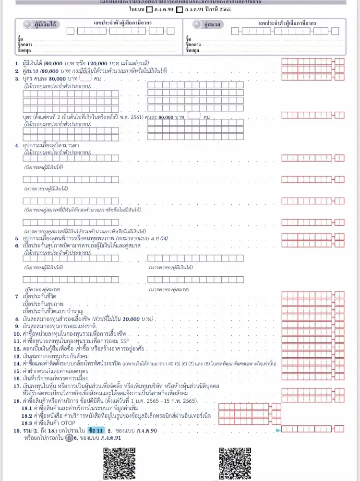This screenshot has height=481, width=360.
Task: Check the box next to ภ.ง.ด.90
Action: point(149,9)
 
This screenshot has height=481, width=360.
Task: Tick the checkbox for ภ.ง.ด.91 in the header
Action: point(180,9)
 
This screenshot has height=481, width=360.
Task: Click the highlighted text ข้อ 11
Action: point(96,431)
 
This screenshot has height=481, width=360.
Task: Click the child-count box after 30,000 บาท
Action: point(85,77)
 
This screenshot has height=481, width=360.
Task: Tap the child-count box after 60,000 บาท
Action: point(194,115)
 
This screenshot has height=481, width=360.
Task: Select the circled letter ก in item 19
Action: point(70,437)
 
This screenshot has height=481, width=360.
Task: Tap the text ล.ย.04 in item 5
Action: point(158,238)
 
